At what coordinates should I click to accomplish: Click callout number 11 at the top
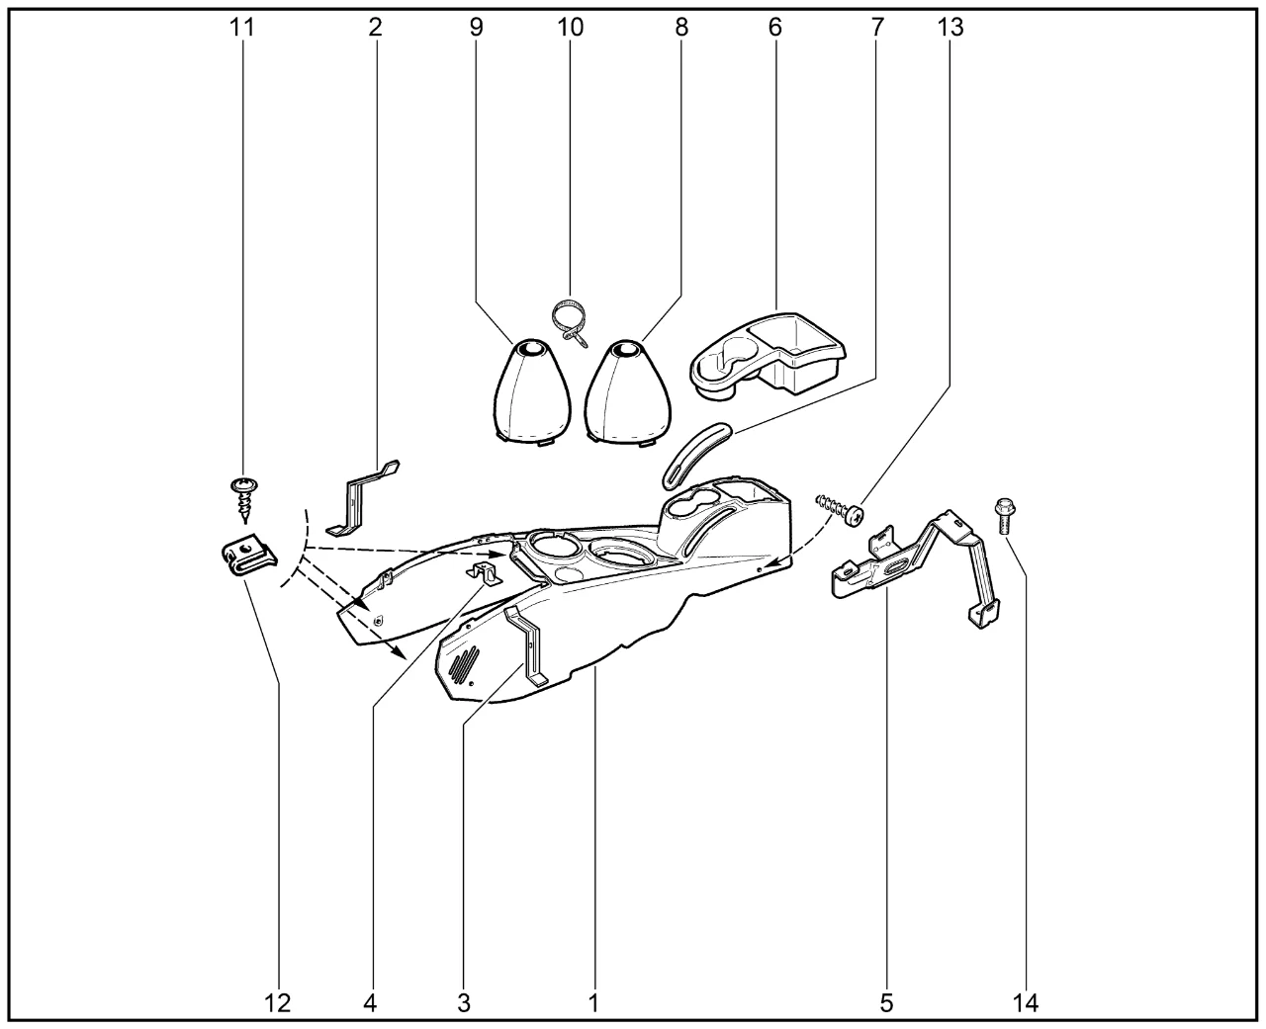[242, 28]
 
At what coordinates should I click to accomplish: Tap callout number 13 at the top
[949, 28]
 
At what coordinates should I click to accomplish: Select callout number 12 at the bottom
[277, 1003]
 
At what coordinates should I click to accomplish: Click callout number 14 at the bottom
[1026, 1003]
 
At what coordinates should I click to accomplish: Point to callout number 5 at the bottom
[886, 1003]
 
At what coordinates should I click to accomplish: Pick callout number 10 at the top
[570, 28]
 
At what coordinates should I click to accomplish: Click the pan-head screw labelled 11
[244, 499]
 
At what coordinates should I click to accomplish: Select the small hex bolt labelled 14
[1005, 516]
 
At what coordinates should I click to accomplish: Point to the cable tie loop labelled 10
[570, 322]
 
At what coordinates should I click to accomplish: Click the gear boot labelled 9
[532, 392]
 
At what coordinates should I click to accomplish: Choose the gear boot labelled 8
[628, 392]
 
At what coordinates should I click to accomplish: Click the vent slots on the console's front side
[464, 663]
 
